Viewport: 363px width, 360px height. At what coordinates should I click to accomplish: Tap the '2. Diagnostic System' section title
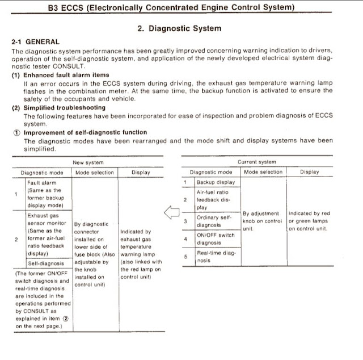coord(180,28)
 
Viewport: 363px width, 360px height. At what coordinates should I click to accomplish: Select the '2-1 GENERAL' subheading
coord(35,42)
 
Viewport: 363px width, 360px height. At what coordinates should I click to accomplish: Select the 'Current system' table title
coord(256,162)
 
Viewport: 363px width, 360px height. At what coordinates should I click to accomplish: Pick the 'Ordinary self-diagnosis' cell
coord(215,221)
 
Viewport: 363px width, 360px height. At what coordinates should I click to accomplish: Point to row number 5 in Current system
coord(185,257)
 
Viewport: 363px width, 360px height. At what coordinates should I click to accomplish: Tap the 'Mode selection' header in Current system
coord(263,172)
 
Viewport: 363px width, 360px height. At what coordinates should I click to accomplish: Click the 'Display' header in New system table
coord(141,172)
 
